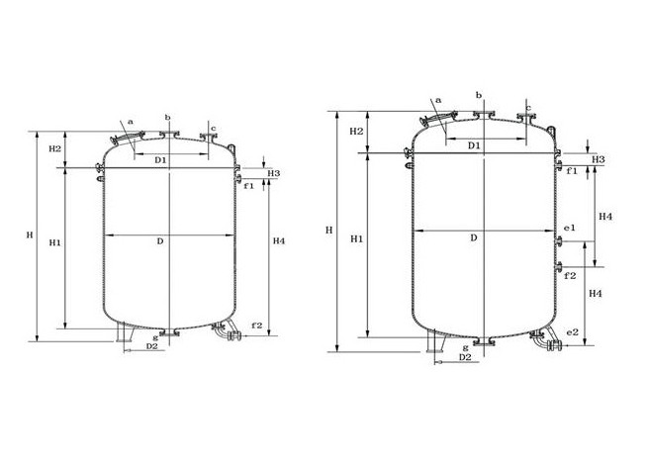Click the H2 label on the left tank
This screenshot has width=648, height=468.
pyautogui.click(x=55, y=148)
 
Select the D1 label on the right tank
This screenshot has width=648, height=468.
pyautogui.click(x=474, y=145)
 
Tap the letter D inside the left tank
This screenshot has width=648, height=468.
pyautogui.click(x=160, y=241)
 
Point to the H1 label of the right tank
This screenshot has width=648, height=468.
pyautogui.click(x=357, y=239)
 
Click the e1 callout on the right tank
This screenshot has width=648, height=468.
pyautogui.click(x=570, y=228)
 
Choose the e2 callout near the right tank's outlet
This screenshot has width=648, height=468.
pyautogui.click(x=573, y=332)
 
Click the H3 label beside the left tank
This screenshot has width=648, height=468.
pyautogui.click(x=274, y=173)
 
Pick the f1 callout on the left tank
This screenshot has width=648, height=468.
pyautogui.click(x=248, y=186)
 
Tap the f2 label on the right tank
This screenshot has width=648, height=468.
pyautogui.click(x=570, y=276)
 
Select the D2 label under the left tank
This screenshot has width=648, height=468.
pyautogui.click(x=152, y=346)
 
